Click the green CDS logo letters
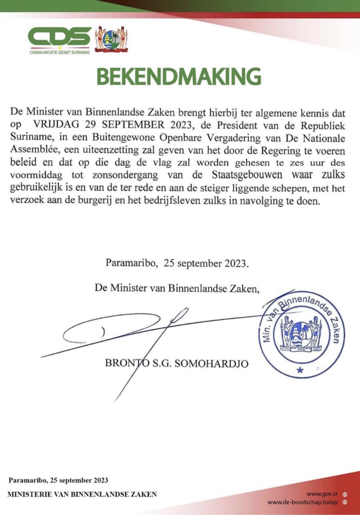(x=60, y=37)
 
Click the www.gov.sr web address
(x=321, y=493)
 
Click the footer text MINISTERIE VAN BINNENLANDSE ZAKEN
(x=82, y=495)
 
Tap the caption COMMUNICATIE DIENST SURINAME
(x=60, y=52)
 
